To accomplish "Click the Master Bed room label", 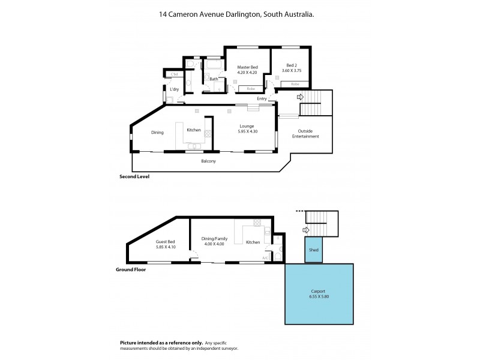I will (247, 67).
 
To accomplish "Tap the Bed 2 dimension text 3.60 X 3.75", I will (291, 71).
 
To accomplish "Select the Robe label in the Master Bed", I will (250, 89).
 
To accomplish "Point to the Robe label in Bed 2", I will (295, 85).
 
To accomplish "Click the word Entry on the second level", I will (262, 98).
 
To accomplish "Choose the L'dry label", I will (174, 89).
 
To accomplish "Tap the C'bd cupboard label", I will (174, 74).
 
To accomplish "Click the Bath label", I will (214, 79).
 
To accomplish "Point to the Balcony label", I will (208, 161).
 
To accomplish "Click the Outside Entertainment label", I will (306, 133).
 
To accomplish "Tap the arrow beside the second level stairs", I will (300, 96).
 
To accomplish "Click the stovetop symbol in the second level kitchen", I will (208, 134).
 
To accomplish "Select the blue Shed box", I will (313, 250).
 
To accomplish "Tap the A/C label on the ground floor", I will (265, 257).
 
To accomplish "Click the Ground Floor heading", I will (130, 270).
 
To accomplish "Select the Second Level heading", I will (135, 177).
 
